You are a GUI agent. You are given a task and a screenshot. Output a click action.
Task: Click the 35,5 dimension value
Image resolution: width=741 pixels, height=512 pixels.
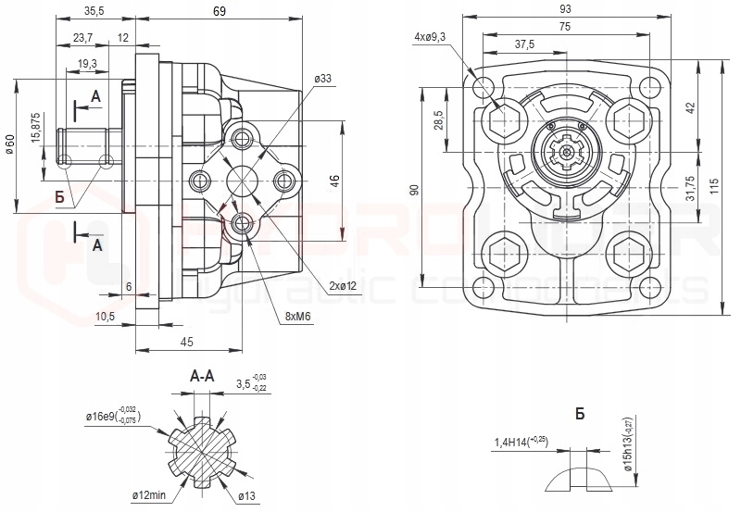click(94, 11)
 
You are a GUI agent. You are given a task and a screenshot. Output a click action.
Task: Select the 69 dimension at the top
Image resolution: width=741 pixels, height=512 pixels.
click(220, 10)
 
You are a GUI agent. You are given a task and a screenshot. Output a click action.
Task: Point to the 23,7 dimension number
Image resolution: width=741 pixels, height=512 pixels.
click(82, 38)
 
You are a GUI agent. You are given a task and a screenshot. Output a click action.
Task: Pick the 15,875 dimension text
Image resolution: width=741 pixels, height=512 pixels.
click(36, 128)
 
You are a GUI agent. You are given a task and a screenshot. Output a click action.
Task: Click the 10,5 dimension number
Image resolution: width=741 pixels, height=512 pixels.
click(105, 317)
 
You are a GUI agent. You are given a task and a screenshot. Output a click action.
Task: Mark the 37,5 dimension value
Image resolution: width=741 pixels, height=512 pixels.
click(525, 44)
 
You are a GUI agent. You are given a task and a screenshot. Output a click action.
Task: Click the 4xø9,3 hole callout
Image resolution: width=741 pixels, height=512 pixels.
click(431, 37)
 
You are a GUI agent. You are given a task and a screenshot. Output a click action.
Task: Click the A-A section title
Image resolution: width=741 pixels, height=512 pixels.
click(203, 377)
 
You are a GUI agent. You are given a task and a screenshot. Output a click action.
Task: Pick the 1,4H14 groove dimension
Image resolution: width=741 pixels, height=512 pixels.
click(521, 442)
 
